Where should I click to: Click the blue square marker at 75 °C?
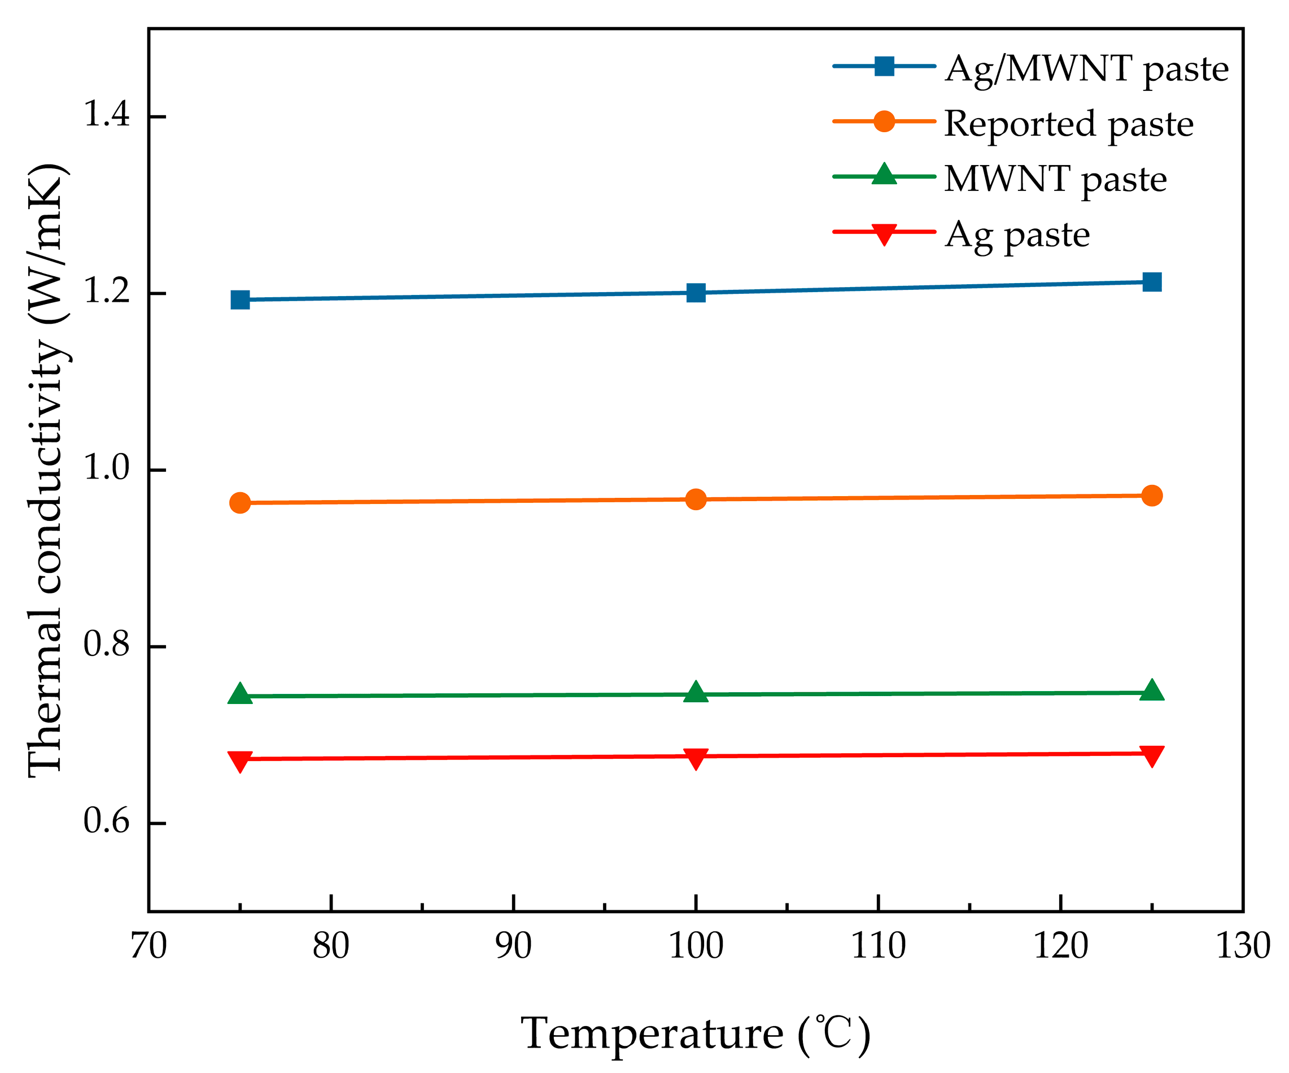pyautogui.click(x=240, y=299)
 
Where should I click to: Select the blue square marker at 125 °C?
pyautogui.click(x=1151, y=282)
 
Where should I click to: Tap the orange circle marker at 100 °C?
pyautogui.click(x=696, y=499)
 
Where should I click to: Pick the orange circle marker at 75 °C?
pyautogui.click(x=240, y=503)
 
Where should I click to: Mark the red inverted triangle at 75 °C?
pyautogui.click(x=240, y=761)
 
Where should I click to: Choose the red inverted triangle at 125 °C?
pyautogui.click(x=1151, y=755)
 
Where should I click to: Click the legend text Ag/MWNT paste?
pyautogui.click(x=1086, y=69)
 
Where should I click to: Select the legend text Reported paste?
pyautogui.click(x=1069, y=124)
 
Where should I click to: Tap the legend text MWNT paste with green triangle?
pyautogui.click(x=1055, y=179)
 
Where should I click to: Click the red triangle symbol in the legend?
pyautogui.click(x=884, y=234)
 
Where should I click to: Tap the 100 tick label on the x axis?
pyautogui.click(x=696, y=946)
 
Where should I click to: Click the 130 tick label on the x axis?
pyautogui.click(x=1243, y=946)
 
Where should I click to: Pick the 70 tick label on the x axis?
pyautogui.click(x=149, y=946)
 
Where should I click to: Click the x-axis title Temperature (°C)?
pyautogui.click(x=696, y=1033)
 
